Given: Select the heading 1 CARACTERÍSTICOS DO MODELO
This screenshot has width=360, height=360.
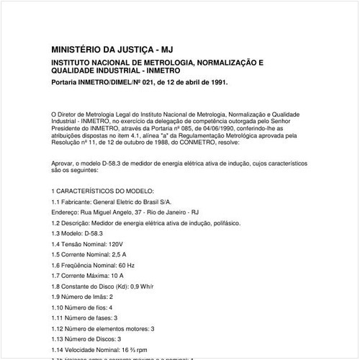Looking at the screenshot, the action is [103, 190].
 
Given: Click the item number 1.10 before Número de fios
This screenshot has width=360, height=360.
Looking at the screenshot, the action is [58, 307].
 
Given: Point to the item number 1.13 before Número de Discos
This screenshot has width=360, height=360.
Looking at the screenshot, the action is [58, 338].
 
